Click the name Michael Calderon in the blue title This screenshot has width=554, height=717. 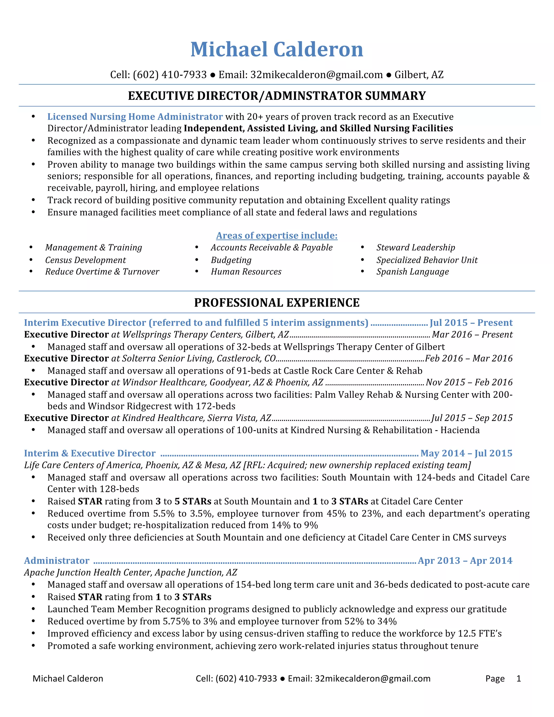coord(277,50)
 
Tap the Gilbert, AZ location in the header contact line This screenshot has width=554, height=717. coord(419,75)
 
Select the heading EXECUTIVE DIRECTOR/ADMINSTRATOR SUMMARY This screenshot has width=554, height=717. coord(277,96)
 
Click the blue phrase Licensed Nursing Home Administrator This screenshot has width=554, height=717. coord(135,117)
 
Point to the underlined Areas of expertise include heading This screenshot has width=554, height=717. coord(277,236)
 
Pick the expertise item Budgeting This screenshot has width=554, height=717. coord(231,260)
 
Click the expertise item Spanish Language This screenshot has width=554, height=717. coord(413,272)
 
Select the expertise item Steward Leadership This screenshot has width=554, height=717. coord(415,248)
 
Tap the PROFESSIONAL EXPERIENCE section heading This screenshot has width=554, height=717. coord(277,303)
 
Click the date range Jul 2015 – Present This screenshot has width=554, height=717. coord(471,323)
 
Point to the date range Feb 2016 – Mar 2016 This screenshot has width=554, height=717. coord(469,358)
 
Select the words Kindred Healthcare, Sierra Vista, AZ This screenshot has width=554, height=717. coord(197,418)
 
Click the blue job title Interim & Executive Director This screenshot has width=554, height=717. coord(90,453)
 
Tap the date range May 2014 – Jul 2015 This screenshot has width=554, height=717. coord(466,453)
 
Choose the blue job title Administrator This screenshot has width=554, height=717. coord(57,561)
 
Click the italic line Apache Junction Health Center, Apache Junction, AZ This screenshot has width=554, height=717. coord(131,573)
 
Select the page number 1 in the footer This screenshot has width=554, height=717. coord(519,679)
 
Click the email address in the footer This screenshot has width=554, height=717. coord(372,679)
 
